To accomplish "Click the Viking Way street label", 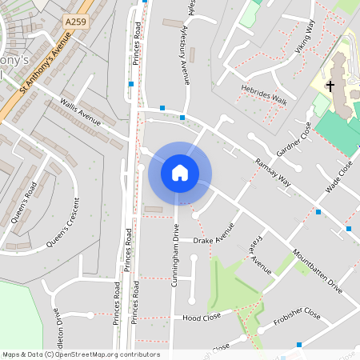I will [306, 37].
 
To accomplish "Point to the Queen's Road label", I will [24, 204].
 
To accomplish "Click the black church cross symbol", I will [330, 86].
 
